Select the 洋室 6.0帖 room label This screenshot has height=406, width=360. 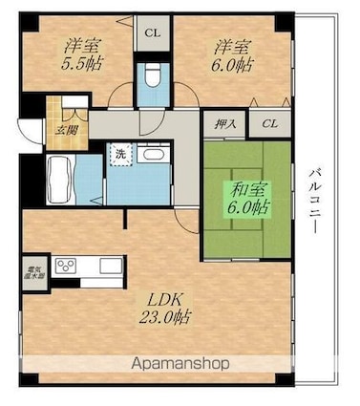point(232,53)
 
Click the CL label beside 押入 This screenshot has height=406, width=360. point(270,124)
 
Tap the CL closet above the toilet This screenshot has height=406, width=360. point(151,31)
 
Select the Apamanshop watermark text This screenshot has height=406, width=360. point(180,365)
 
